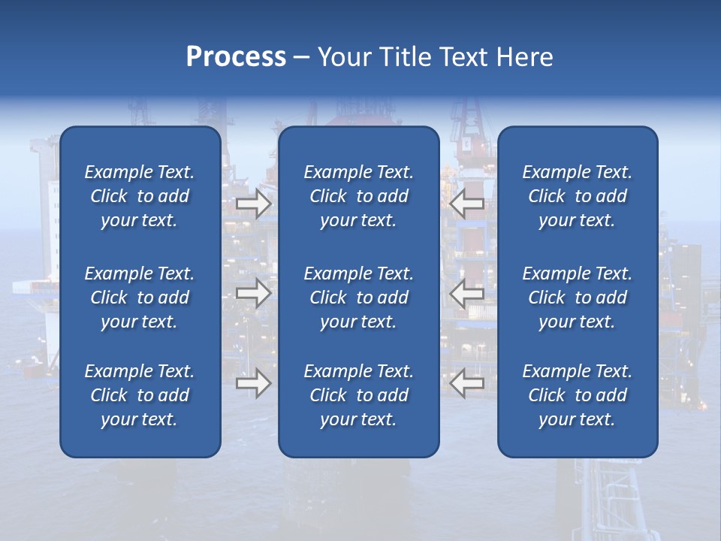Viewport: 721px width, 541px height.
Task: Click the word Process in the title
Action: (236, 57)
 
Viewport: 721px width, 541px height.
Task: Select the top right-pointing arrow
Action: (254, 204)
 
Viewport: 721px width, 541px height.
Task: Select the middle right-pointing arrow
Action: (254, 293)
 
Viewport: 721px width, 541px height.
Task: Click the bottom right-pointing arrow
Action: (254, 383)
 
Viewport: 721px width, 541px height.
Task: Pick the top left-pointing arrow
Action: (466, 204)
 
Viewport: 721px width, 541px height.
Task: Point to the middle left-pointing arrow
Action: (466, 293)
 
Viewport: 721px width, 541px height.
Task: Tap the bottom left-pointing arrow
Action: (466, 383)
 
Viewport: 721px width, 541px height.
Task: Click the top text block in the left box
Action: (140, 196)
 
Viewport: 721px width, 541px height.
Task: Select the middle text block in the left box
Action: (140, 298)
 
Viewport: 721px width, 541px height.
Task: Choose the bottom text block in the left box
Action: (140, 395)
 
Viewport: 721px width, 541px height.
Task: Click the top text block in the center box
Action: (359, 196)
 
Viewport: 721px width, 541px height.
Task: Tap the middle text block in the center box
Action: (359, 298)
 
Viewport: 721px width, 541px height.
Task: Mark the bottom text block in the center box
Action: (359, 395)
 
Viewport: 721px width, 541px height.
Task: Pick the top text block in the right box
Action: (578, 196)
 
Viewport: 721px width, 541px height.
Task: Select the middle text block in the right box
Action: (578, 298)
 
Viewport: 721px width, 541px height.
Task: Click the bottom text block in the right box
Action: (578, 395)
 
